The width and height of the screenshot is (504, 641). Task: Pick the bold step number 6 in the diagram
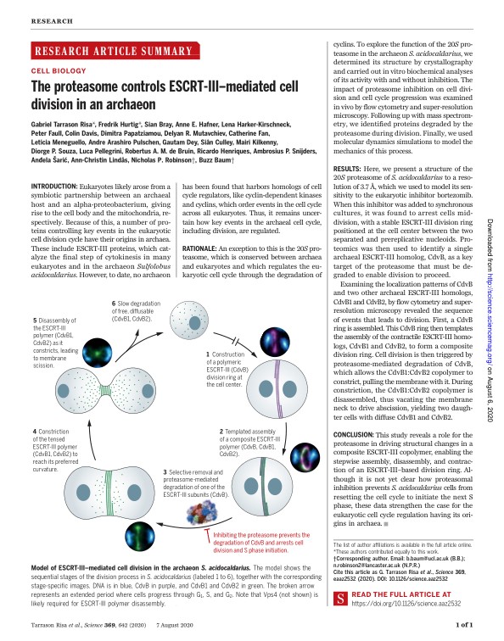pyautogui.click(x=114, y=303)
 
